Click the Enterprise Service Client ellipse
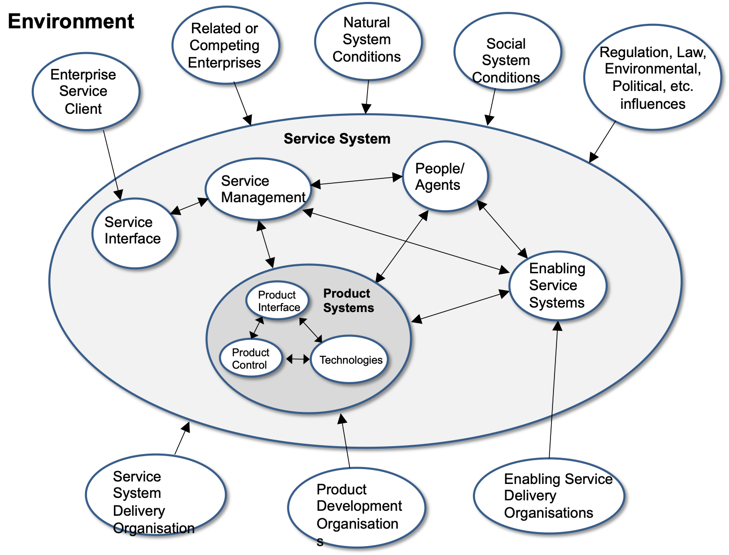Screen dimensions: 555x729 (x=86, y=91)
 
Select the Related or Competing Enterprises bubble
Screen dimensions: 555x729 (x=225, y=45)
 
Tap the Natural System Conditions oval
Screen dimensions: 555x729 (x=368, y=40)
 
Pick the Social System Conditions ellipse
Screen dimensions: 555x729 (x=507, y=52)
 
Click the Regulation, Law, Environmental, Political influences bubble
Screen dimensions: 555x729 (x=652, y=78)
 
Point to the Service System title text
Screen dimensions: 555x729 (x=337, y=139)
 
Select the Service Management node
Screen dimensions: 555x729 (x=259, y=189)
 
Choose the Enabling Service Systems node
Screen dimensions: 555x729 (x=557, y=286)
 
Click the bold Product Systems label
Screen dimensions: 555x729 (x=348, y=301)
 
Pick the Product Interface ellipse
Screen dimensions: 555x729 (x=277, y=301)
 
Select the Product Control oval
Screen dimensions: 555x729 (x=251, y=358)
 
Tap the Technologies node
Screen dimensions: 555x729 (x=350, y=360)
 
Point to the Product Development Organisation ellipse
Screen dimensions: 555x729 (x=357, y=507)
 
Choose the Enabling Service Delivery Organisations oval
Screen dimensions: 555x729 (x=549, y=496)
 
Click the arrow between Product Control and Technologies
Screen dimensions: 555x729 (x=297, y=359)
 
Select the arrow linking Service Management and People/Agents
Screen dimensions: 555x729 (x=357, y=181)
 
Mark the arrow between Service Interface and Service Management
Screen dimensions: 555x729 (x=189, y=207)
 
